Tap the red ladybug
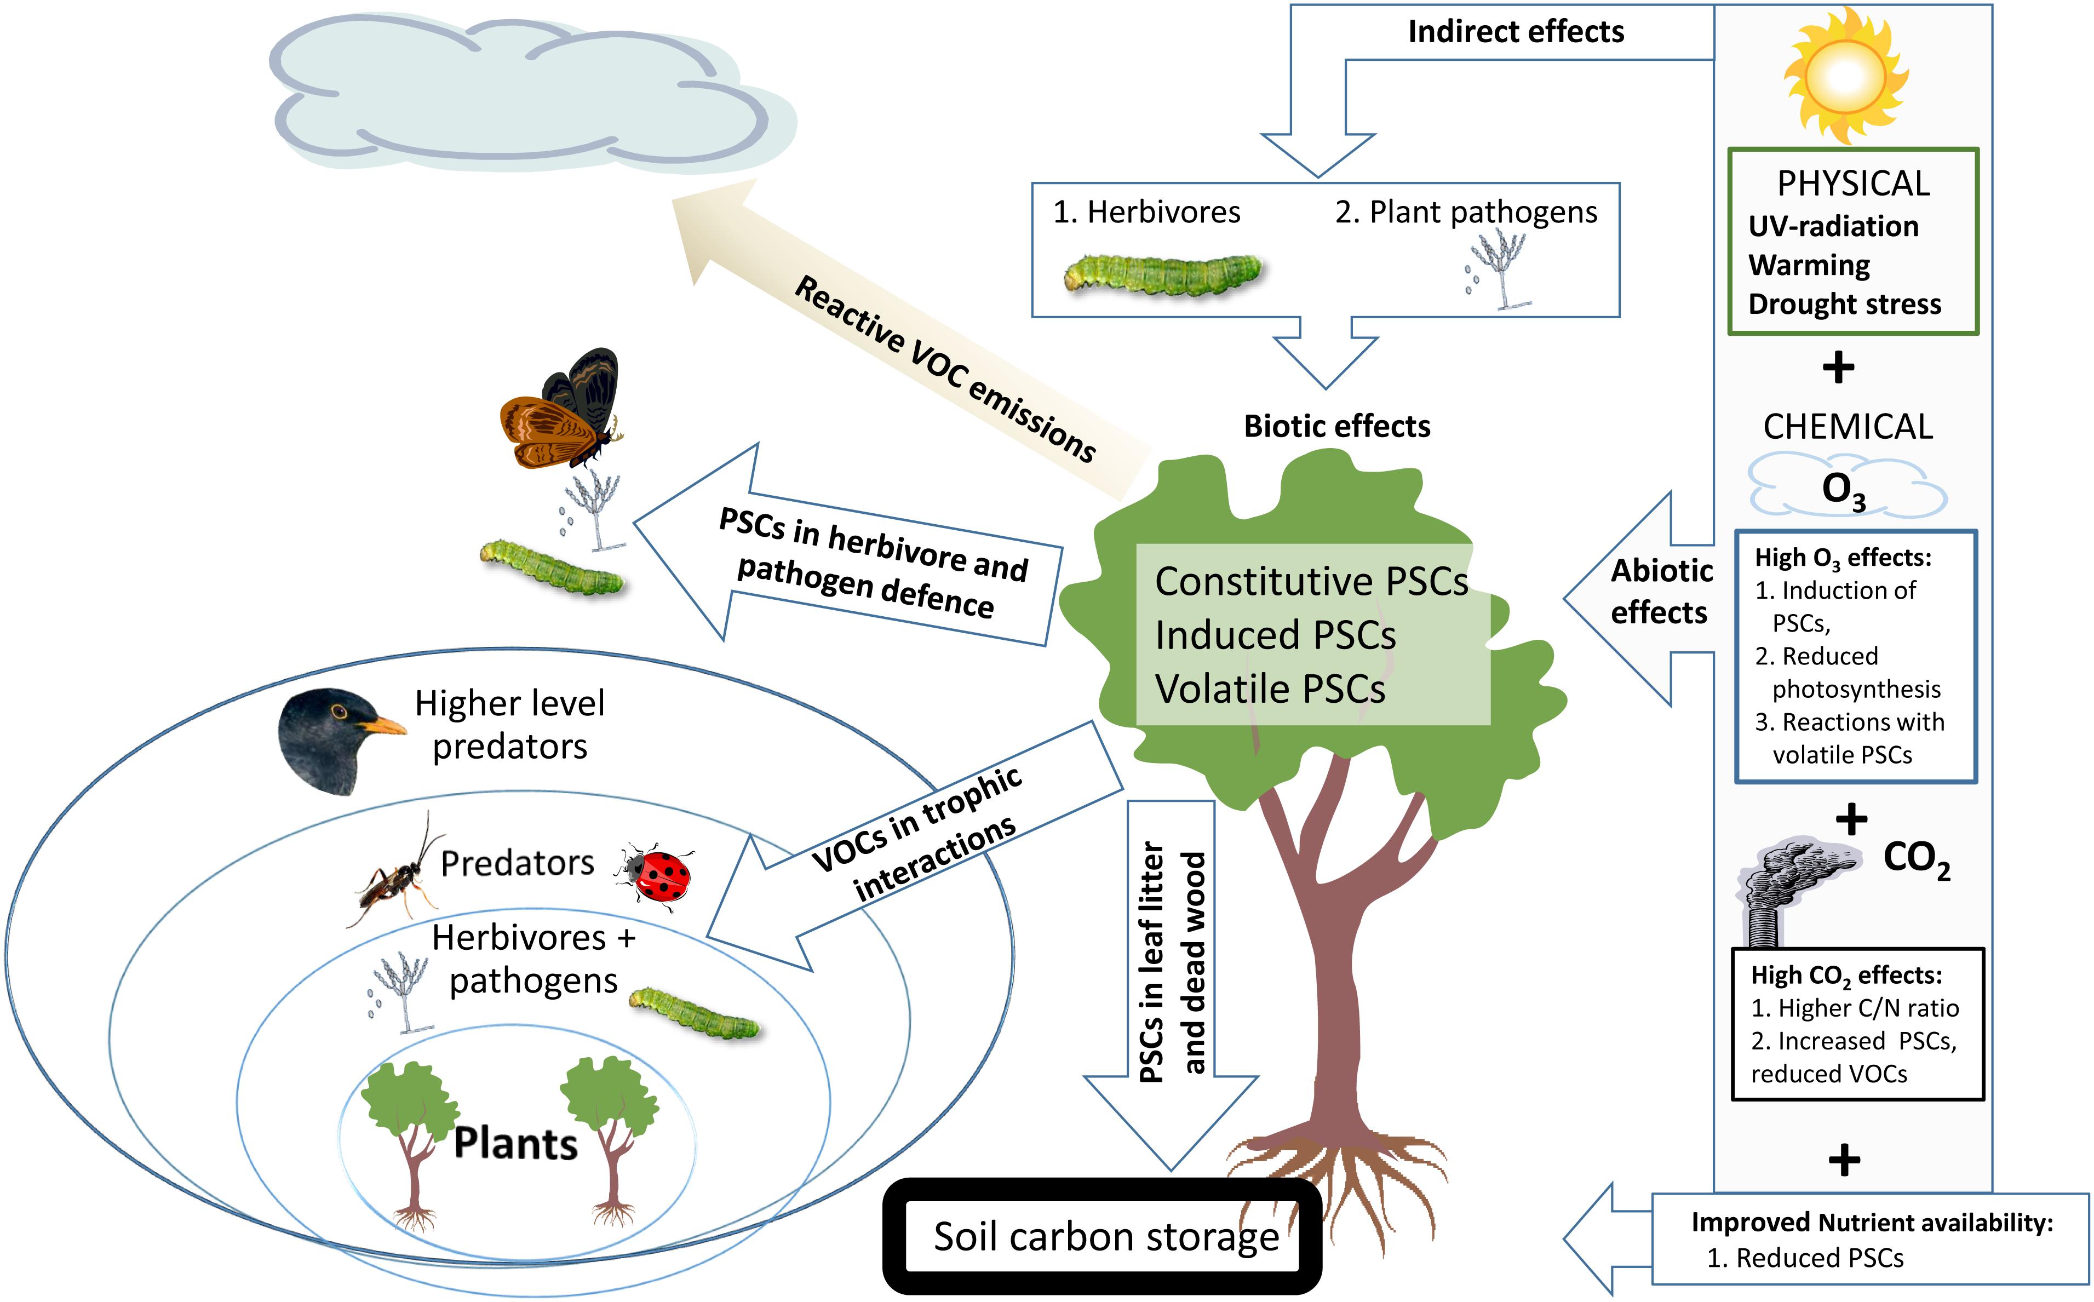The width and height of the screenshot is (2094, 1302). [655, 875]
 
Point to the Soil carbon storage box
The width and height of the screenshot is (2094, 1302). [1102, 1237]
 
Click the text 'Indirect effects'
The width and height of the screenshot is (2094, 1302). [1516, 32]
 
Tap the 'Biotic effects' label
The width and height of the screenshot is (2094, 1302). [1337, 426]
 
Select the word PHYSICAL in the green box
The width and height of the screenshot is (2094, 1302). [1854, 183]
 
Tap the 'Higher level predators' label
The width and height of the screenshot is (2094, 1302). [510, 725]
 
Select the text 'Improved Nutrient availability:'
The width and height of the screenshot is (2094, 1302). [1872, 1223]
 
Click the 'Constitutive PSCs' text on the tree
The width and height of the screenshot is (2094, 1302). [1311, 581]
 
